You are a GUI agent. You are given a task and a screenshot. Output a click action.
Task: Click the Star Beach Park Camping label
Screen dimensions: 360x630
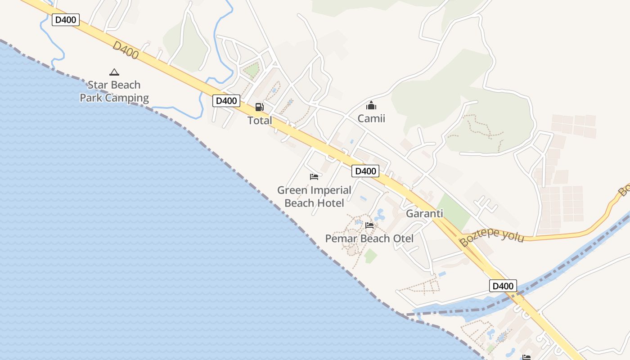click(114, 91)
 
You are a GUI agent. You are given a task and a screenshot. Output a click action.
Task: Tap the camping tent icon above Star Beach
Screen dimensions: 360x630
click(114, 72)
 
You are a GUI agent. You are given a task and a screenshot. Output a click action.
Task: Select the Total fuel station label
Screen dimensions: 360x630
click(260, 121)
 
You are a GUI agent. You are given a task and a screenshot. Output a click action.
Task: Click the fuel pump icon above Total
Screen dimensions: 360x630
click(260, 107)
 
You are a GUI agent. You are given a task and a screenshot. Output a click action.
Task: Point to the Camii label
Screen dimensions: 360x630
click(371, 119)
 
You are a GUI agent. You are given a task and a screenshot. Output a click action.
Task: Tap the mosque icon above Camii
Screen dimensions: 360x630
click(371, 106)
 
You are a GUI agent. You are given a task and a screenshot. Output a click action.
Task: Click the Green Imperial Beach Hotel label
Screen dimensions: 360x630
click(314, 197)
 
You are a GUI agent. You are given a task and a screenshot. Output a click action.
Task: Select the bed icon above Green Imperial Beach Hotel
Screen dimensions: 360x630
click(314, 177)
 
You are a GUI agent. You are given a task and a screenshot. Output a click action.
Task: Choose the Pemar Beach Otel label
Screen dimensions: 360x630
click(369, 238)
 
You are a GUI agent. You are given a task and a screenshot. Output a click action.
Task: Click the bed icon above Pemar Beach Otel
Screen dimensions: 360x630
click(369, 225)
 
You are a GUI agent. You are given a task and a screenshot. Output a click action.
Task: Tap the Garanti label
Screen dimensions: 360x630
click(424, 214)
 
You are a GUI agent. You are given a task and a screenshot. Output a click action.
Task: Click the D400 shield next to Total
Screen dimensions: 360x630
click(226, 101)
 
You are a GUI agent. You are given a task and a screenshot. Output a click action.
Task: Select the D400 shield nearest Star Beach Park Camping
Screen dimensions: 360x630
click(66, 20)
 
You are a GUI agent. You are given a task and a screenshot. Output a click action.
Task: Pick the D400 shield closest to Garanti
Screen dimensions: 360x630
click(365, 171)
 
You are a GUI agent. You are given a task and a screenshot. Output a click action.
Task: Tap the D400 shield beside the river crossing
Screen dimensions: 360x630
click(503, 286)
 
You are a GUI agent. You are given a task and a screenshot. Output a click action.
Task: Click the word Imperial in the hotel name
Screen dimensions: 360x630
click(328, 190)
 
